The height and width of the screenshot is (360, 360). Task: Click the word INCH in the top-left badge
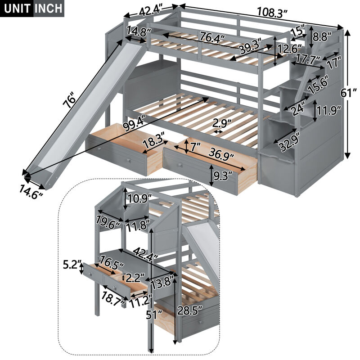click(x=48, y=9)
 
